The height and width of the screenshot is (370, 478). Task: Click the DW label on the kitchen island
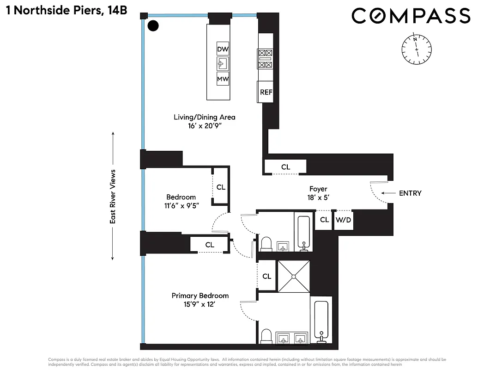(x=223, y=49)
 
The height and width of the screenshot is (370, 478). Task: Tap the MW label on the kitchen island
(x=223, y=79)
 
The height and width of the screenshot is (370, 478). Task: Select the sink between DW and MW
(x=223, y=64)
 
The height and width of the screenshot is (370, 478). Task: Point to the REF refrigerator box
(x=266, y=92)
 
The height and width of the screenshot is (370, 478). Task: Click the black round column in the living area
(x=153, y=26)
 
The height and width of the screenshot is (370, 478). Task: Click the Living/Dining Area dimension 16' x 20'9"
(x=204, y=126)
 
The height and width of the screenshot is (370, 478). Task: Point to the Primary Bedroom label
(x=200, y=296)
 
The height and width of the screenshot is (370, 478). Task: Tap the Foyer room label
(x=318, y=189)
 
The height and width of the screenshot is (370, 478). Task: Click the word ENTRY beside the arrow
(x=410, y=193)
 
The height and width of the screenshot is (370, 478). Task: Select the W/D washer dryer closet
(x=343, y=220)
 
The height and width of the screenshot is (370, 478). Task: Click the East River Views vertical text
(x=112, y=197)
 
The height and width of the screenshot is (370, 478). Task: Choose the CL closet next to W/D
(x=324, y=220)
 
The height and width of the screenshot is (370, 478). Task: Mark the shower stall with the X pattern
(x=294, y=276)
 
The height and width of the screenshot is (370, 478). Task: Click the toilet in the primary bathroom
(x=266, y=335)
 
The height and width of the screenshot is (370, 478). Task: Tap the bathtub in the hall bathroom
(x=303, y=231)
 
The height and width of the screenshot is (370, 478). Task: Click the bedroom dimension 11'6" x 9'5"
(x=181, y=205)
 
